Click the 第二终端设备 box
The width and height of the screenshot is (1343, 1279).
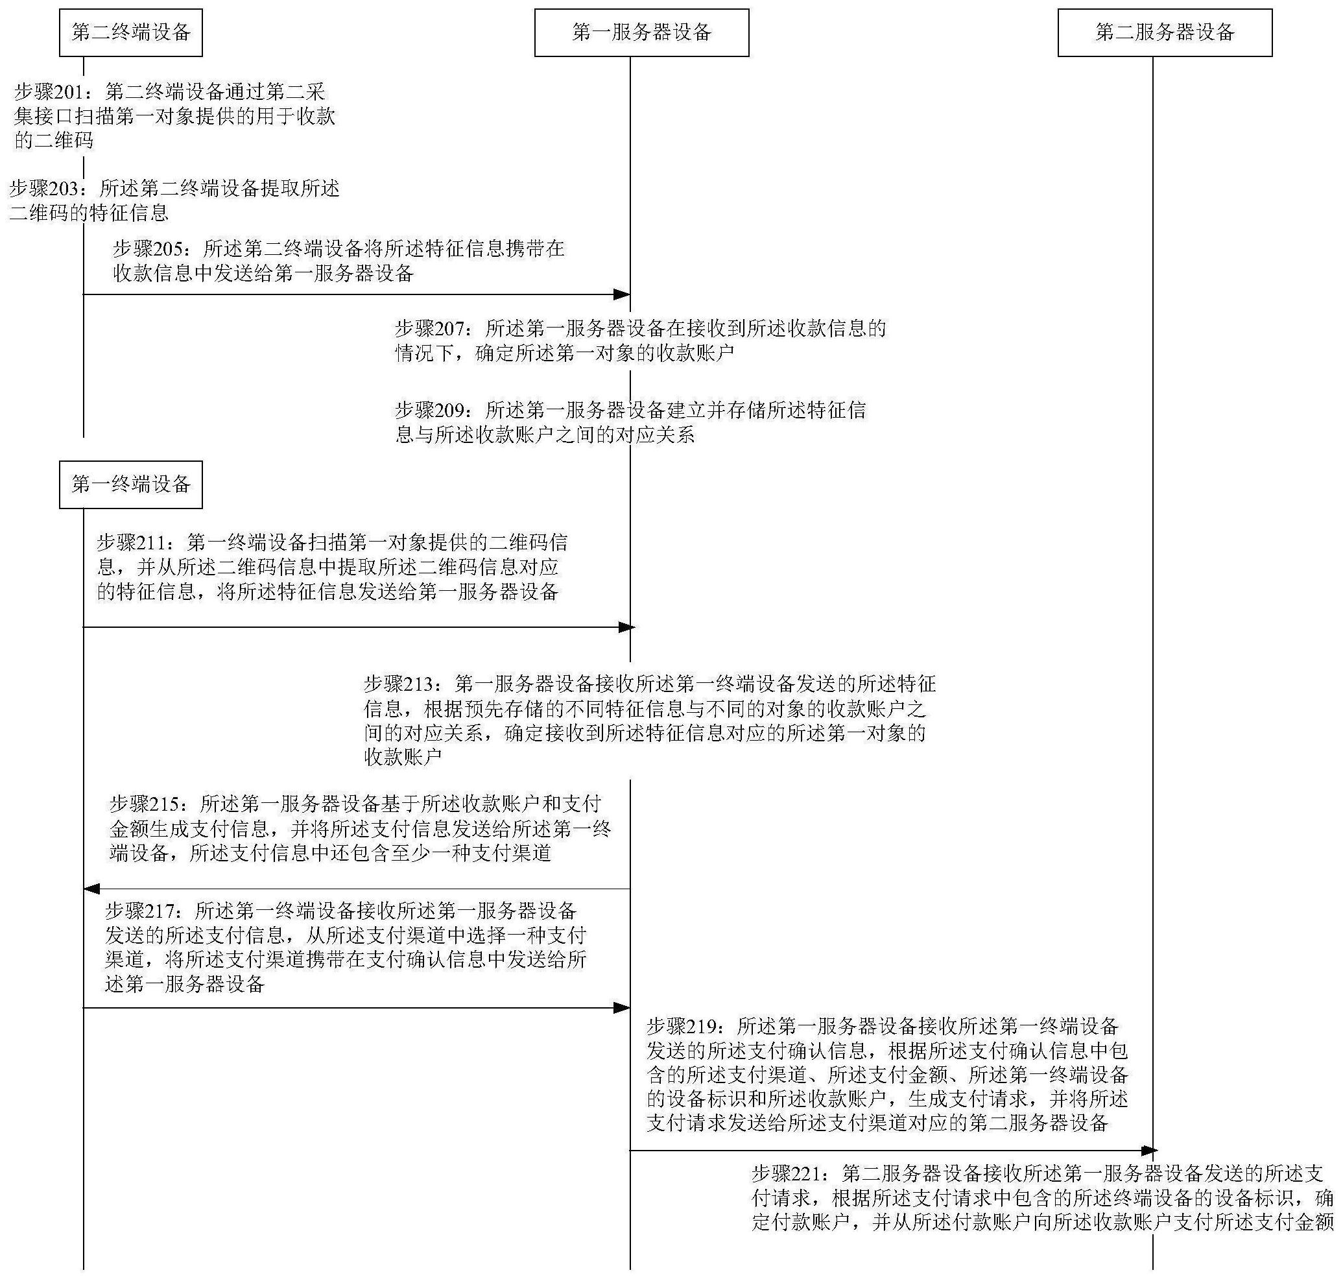click(x=131, y=32)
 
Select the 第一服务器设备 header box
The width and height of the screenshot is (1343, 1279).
click(x=641, y=32)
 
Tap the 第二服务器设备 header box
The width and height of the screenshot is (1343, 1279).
click(x=1165, y=32)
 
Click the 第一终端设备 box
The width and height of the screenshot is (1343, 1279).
click(x=131, y=484)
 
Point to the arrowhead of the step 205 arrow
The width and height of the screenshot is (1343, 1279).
click(x=622, y=294)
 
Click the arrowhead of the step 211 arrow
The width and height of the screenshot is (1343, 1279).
click(x=626, y=627)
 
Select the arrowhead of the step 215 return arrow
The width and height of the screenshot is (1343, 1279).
click(x=91, y=889)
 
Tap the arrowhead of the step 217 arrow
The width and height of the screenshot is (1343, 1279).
click(x=622, y=1008)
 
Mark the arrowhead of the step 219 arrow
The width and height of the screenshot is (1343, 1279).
click(x=1149, y=1151)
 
